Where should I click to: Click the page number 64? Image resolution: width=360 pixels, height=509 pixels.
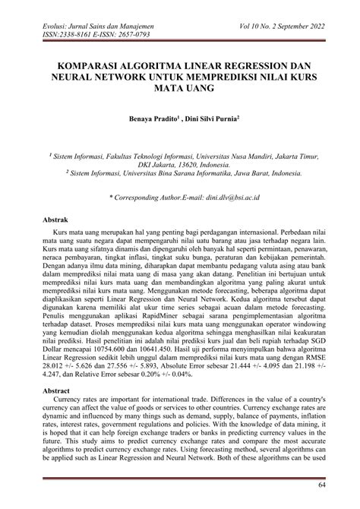[x=321, y=485]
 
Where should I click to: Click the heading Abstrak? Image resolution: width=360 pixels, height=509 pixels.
[x=55, y=218]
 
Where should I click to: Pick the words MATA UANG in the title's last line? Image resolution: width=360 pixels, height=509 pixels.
[x=180, y=88]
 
